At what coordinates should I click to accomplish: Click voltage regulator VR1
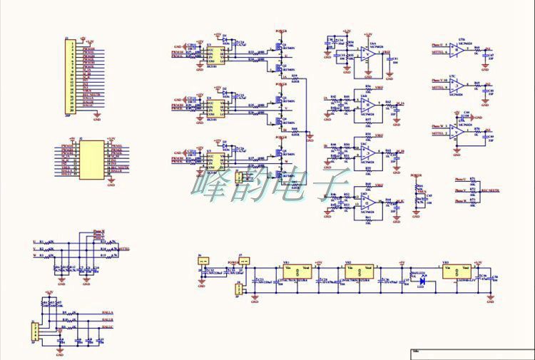[x=295, y=272]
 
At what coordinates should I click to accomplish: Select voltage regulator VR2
[x=358, y=272]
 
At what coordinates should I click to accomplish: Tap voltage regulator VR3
[x=457, y=272]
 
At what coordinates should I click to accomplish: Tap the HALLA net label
[x=108, y=312]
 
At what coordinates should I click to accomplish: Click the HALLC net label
[x=108, y=329]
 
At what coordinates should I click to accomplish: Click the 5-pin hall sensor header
[x=32, y=331]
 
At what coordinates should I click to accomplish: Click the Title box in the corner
[x=472, y=354]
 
